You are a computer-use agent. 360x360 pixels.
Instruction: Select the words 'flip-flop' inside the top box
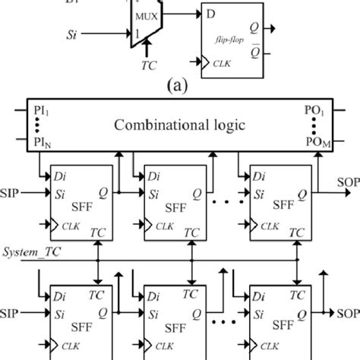[x=233, y=46]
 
